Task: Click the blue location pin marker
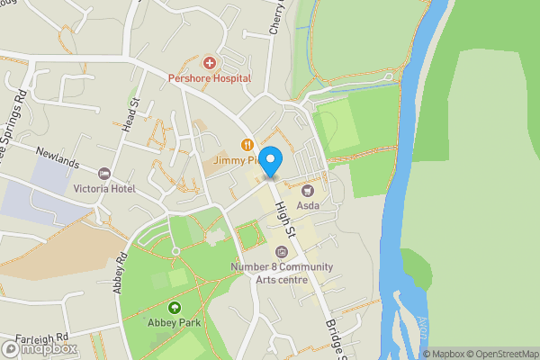pos(271,159)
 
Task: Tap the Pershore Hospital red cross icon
pos(210,62)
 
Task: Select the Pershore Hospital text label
pos(210,78)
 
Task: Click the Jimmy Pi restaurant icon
pos(246,144)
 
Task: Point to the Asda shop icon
pos(308,190)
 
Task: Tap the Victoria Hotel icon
pos(104,173)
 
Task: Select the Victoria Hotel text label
pos(104,189)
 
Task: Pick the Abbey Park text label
pos(174,323)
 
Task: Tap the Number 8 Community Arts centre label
pos(281,273)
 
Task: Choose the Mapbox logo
pos(40,348)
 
